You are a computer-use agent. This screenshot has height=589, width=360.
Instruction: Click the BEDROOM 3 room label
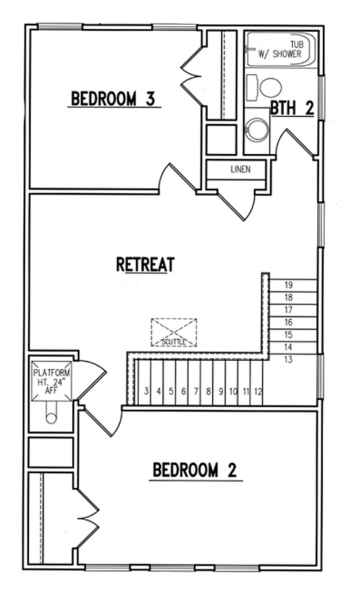tap(113, 99)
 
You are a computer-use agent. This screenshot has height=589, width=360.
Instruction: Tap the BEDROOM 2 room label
tap(195, 470)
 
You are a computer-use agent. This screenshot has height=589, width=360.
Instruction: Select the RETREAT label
tap(145, 265)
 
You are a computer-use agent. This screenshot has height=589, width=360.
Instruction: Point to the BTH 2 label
tap(292, 108)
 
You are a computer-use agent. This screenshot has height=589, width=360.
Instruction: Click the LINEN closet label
tap(240, 170)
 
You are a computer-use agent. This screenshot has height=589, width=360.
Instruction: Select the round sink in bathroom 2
tap(257, 129)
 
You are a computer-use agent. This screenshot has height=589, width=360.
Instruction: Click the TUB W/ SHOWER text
tap(280, 49)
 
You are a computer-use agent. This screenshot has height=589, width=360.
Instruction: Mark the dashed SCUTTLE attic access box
tap(174, 332)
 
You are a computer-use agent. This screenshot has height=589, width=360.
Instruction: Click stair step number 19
tap(288, 285)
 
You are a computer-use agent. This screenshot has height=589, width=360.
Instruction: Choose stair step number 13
tap(288, 360)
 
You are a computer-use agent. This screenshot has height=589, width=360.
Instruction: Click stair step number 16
tap(288, 322)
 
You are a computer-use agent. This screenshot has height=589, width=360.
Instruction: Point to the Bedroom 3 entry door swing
tap(177, 178)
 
